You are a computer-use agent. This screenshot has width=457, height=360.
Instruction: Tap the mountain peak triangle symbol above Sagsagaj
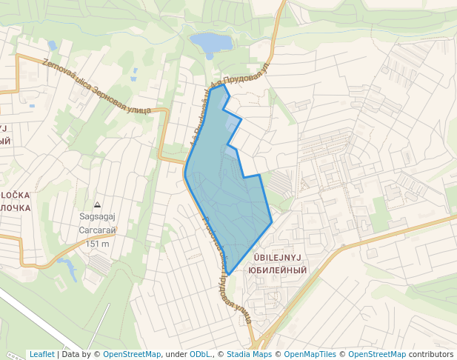[x=97, y=205]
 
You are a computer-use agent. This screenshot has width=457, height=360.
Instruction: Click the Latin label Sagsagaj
[x=97, y=217]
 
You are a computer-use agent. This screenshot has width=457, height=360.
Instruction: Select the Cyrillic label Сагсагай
[x=97, y=230]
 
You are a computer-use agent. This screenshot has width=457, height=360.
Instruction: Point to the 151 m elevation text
[x=97, y=244]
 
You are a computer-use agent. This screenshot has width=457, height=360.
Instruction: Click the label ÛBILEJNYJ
[x=277, y=257]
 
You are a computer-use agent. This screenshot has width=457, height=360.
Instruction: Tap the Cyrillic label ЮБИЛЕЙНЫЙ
[x=277, y=270]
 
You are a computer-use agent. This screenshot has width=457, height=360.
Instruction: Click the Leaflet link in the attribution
[x=42, y=354]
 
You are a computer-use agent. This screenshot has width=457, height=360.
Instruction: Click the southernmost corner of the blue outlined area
[x=228, y=275]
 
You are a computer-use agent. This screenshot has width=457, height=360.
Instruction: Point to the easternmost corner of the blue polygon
[x=272, y=221]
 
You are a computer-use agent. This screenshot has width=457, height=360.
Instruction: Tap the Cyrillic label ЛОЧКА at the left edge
[x=15, y=208]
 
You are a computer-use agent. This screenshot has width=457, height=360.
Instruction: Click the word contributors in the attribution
[x=431, y=354]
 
